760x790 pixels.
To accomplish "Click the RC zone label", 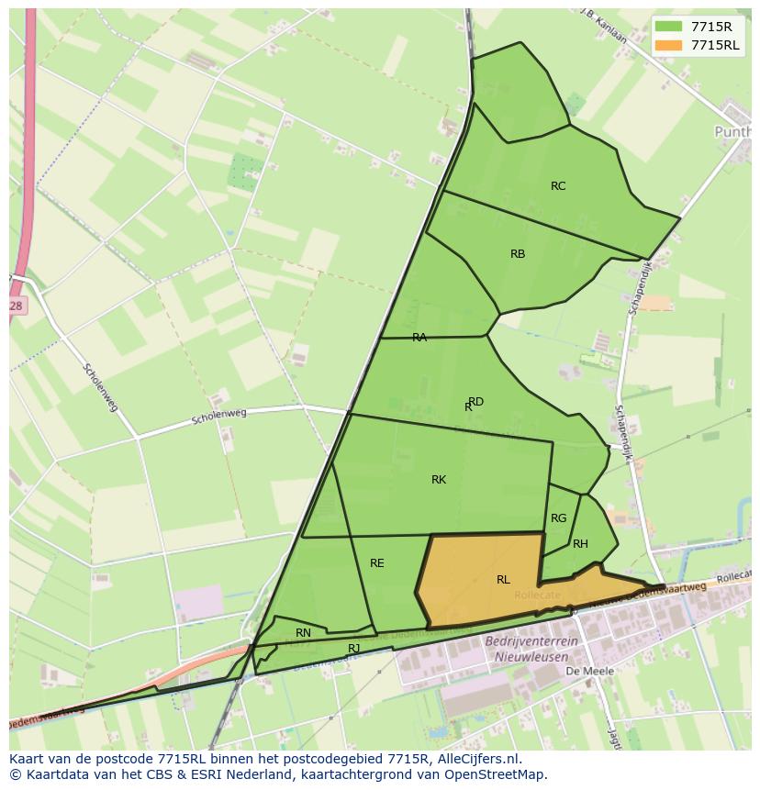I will tap(558, 186).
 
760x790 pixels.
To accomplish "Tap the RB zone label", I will tap(518, 254).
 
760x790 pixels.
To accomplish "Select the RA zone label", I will tap(419, 338).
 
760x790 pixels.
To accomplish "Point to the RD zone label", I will tap(475, 402).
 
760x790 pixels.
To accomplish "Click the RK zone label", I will tap(439, 480).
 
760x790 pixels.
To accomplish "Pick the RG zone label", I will tap(558, 518).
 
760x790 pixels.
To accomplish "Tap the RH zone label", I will tap(580, 544).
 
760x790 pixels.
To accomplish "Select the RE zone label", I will tap(377, 563).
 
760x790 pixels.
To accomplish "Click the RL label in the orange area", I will tap(503, 580).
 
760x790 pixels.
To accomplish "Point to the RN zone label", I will tap(303, 633).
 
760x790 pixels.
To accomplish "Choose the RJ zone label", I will tap(354, 648).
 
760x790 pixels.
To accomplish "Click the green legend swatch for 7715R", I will tap(668, 27).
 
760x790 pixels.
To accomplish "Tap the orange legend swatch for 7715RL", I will tap(668, 45).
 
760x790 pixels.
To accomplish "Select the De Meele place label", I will tap(589, 672).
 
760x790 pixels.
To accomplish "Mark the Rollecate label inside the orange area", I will tap(537, 595).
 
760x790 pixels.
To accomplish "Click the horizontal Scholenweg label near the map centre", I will tap(219, 417).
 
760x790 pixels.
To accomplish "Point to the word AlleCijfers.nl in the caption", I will tap(477, 759).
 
